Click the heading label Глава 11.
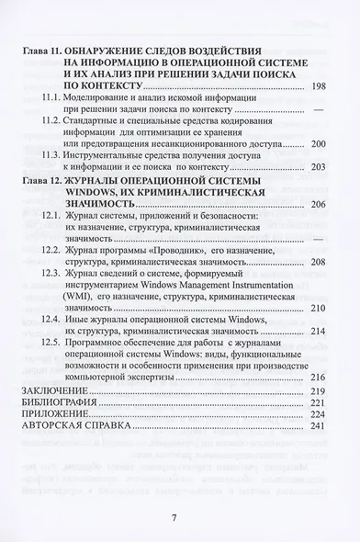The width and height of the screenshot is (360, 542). pyautogui.click(x=40, y=45)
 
